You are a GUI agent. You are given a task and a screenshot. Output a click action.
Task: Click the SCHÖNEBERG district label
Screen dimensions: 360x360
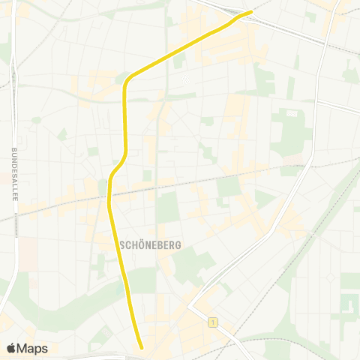pos(148,244)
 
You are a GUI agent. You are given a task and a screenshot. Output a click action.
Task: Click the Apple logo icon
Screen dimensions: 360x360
pos(10,348)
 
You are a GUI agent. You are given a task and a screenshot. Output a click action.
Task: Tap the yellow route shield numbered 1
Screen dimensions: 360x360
pos(214,322)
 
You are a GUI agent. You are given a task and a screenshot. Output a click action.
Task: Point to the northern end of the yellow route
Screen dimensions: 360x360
pos(251,12)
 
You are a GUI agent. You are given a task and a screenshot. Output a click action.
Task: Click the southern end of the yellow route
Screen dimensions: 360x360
pos(141,346)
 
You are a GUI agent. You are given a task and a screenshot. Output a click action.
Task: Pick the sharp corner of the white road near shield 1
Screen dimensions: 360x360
pos(189,308)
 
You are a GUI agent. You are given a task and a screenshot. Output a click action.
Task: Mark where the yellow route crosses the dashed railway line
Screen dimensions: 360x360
pos(109,196)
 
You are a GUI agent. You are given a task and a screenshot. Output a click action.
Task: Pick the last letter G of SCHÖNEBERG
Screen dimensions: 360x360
pos(173,244)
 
